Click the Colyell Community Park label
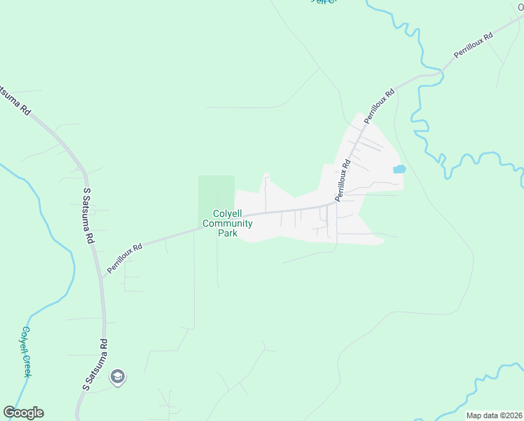click(x=227, y=224)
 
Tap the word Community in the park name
click(x=227, y=224)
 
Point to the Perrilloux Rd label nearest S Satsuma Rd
click(x=125, y=258)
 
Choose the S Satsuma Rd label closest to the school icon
click(x=95, y=365)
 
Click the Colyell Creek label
click(x=26, y=352)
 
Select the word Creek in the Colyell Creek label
click(x=27, y=364)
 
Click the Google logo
click(x=23, y=413)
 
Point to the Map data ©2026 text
click(x=493, y=415)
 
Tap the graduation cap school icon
click(x=118, y=377)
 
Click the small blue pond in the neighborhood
click(x=399, y=169)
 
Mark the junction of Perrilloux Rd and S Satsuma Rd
click(x=102, y=276)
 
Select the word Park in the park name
click(x=227, y=233)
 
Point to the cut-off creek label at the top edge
click(x=323, y=2)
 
